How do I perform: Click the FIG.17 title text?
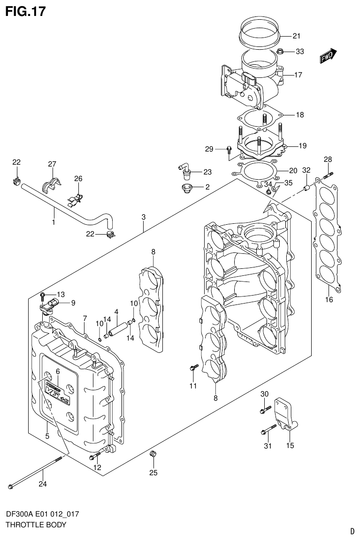26,11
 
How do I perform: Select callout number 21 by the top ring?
296,36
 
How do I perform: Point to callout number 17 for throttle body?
299,75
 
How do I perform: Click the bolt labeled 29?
229,150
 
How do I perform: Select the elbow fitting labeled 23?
184,170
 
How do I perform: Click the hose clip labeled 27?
52,184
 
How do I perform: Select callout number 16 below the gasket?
329,300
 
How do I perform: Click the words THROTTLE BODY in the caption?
36,525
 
